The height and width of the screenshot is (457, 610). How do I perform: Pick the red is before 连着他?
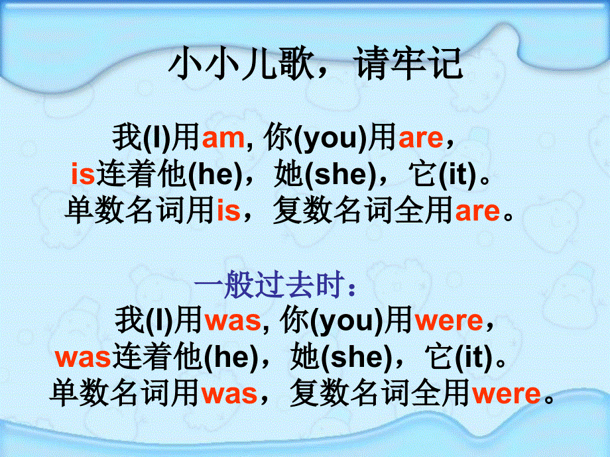pos(83,175)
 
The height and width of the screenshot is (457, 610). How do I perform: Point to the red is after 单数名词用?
pos(229,211)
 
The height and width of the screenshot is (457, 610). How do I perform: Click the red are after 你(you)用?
pos(420,138)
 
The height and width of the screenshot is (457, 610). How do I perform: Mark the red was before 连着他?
pos(82,358)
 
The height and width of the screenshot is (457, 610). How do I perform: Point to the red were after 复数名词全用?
pos(505,394)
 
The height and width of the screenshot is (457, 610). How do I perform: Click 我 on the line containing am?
pos(125,138)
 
